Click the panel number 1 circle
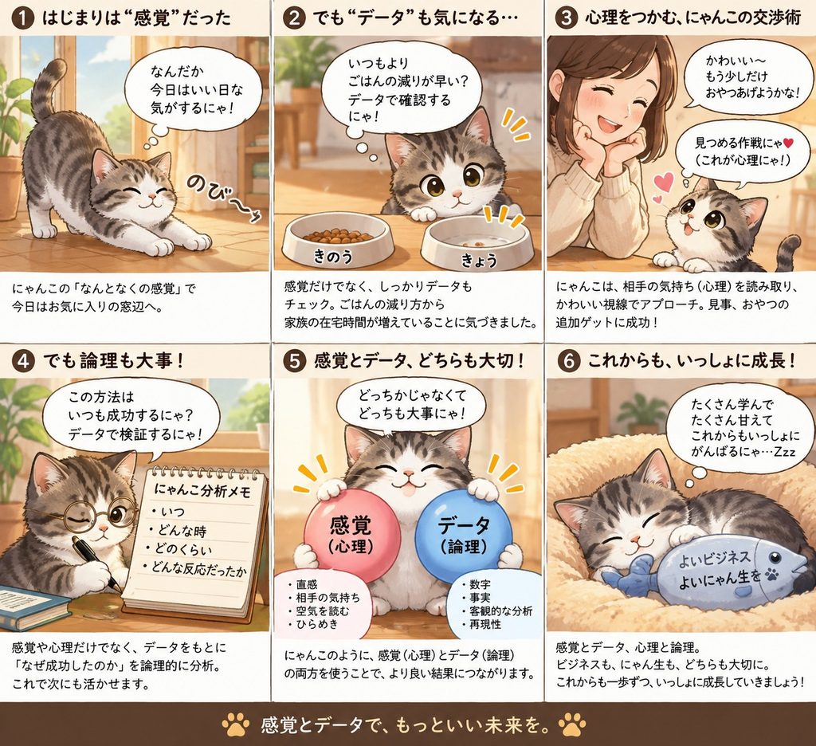coord(22,18)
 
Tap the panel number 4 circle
coord(22,361)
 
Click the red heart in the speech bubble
coord(787,142)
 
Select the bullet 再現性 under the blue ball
coord(481,624)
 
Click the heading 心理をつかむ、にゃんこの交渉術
coord(692,18)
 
